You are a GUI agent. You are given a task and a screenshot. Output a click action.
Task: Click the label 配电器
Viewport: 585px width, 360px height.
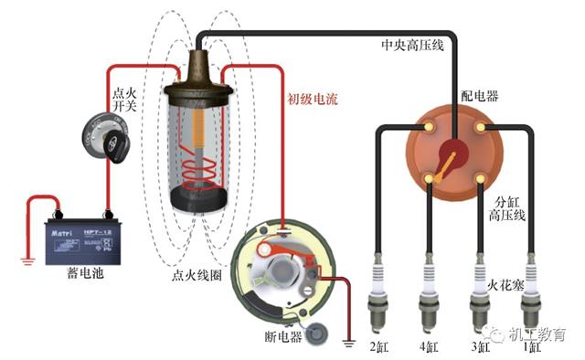[479, 96]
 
